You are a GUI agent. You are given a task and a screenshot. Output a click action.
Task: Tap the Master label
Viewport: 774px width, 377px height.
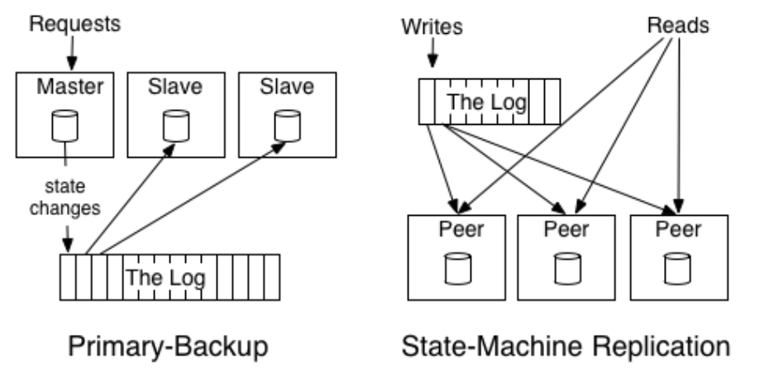[x=69, y=86]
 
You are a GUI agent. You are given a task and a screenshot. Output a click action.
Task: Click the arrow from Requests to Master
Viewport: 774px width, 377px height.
[x=70, y=54]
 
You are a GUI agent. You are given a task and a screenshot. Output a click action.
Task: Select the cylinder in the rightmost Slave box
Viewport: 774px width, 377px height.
[x=285, y=124]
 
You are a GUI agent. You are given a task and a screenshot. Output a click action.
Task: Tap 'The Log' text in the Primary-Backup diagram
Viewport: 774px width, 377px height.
[x=165, y=275]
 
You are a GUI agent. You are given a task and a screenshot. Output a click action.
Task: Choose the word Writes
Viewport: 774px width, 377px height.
[x=432, y=26]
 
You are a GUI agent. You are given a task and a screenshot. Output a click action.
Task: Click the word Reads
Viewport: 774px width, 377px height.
[x=678, y=26]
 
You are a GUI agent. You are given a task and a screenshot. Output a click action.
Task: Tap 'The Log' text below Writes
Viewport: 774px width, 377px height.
[x=488, y=101]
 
